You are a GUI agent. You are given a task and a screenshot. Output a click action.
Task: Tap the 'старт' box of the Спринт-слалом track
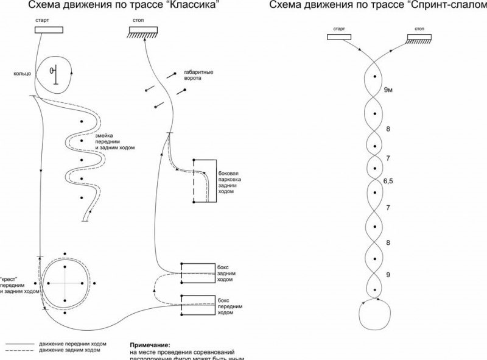click(340, 38)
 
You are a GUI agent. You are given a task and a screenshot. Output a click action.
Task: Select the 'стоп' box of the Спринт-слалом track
click(419, 38)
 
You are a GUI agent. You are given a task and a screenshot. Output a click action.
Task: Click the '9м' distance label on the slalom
click(389, 90)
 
